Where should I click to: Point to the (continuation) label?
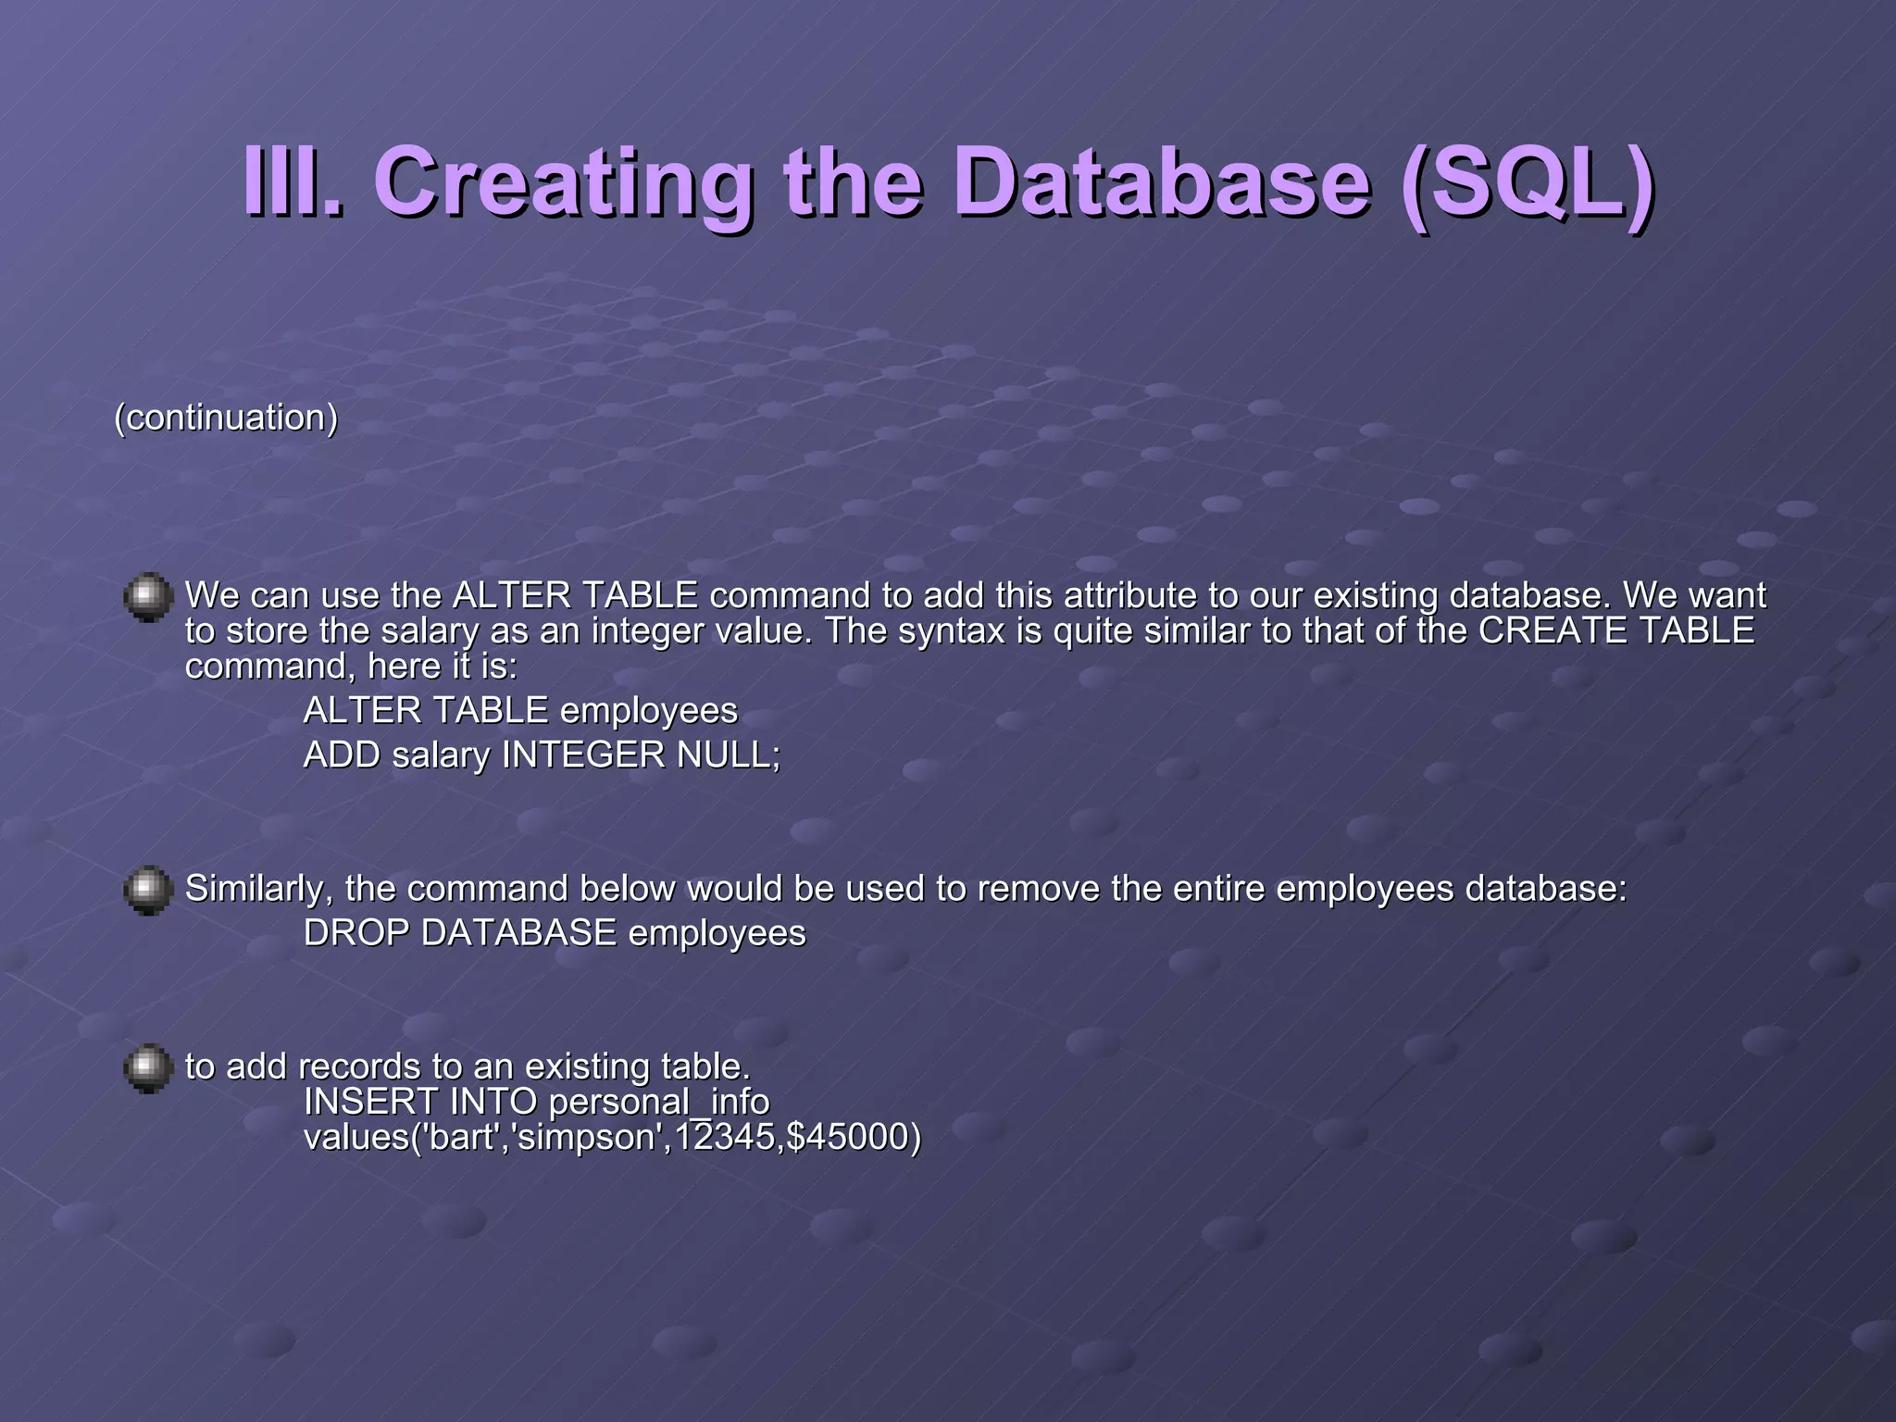coord(226,418)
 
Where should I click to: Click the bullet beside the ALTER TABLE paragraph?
coord(148,597)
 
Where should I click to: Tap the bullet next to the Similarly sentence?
coord(148,891)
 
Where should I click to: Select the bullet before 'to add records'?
coord(148,1068)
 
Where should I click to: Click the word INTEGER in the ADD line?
coord(583,755)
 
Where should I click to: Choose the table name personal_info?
coord(658,1102)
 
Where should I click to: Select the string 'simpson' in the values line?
coord(589,1137)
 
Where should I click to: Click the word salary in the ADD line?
coord(440,756)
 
